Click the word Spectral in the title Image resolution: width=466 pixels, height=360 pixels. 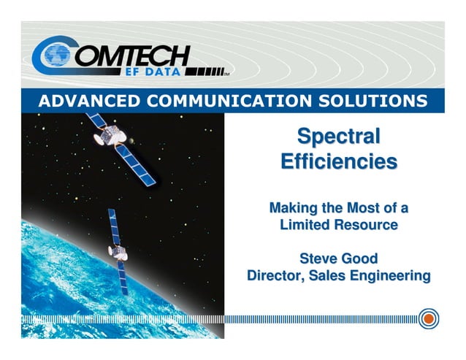click(338, 137)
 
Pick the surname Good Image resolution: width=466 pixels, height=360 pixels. click(362, 258)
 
